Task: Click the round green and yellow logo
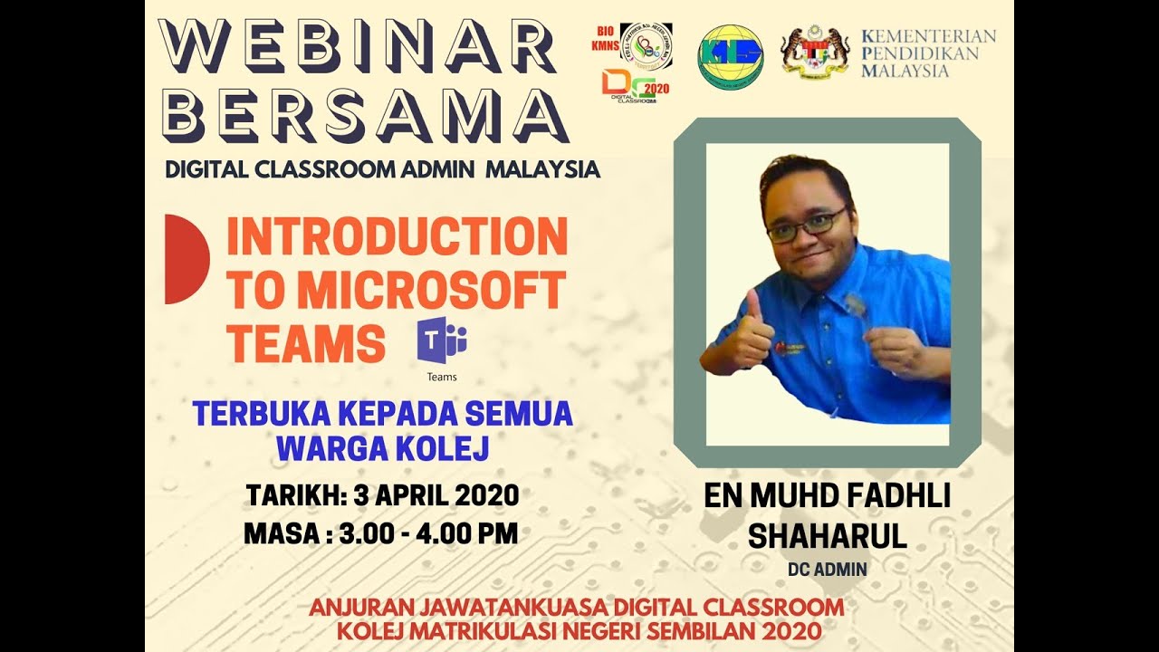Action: [x=730, y=56]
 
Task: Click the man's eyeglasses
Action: [x=806, y=224]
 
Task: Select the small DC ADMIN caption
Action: [x=827, y=570]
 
